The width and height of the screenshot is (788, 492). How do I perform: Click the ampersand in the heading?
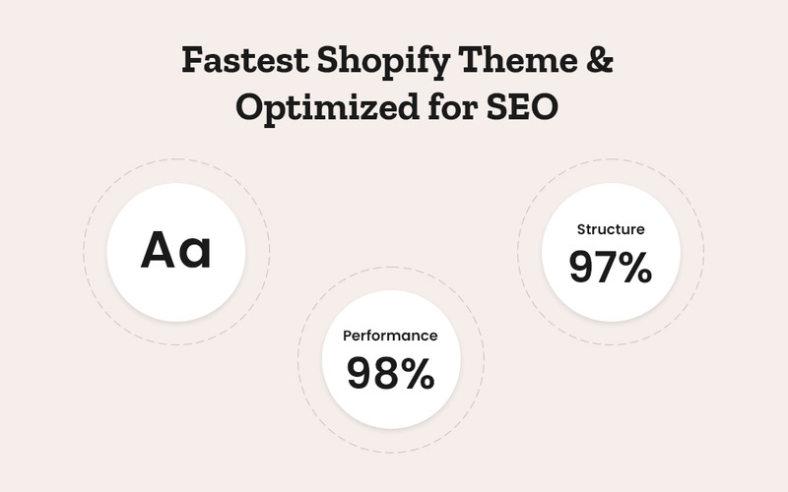pyautogui.click(x=600, y=61)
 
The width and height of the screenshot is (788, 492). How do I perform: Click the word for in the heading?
pyautogui.click(x=447, y=106)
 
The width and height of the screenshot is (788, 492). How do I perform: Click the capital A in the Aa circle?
pyautogui.click(x=160, y=250)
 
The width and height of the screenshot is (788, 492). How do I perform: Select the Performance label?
pyautogui.click(x=390, y=336)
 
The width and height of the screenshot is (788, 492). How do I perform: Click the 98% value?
pyautogui.click(x=390, y=373)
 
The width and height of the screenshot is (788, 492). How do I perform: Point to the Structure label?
pyautogui.click(x=611, y=229)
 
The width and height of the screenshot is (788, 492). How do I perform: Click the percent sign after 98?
pyautogui.click(x=417, y=373)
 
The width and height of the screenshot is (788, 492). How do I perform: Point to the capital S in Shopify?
pyautogui.click(x=329, y=60)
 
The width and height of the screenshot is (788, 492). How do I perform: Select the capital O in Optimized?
pyautogui.click(x=251, y=106)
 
